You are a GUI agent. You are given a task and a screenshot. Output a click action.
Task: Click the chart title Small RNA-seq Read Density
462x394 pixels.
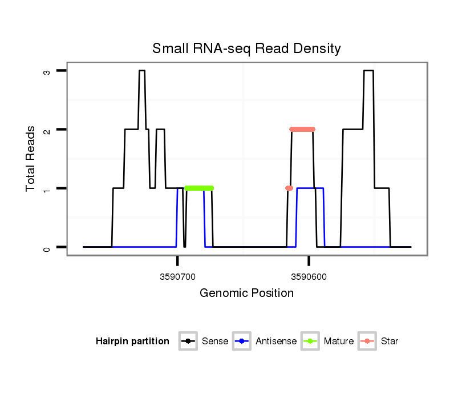246,49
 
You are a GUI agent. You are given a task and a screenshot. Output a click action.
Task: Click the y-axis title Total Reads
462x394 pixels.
31,159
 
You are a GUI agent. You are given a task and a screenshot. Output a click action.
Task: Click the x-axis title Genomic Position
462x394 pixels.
246,294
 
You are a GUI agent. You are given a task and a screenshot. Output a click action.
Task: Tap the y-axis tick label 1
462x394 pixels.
47,188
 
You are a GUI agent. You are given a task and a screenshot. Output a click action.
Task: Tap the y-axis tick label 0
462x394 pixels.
47,247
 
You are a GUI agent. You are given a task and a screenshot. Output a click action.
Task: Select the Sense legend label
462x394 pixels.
215,341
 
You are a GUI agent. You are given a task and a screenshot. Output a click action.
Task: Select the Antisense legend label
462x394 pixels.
276,341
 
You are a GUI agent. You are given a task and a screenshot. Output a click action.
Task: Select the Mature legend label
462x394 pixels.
338,341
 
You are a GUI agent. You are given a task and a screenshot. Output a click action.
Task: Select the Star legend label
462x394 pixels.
390,341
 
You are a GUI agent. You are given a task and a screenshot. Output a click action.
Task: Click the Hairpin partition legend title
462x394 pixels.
132,341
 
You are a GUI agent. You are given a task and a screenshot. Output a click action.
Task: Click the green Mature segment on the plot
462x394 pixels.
199,188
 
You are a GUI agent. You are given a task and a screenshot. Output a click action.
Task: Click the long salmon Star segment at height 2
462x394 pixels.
302,129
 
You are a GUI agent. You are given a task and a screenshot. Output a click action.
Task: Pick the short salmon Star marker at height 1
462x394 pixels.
289,188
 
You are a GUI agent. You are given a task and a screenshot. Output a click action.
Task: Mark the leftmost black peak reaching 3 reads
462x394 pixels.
142,71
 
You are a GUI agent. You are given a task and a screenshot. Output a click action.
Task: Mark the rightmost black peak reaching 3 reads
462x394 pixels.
368,71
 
